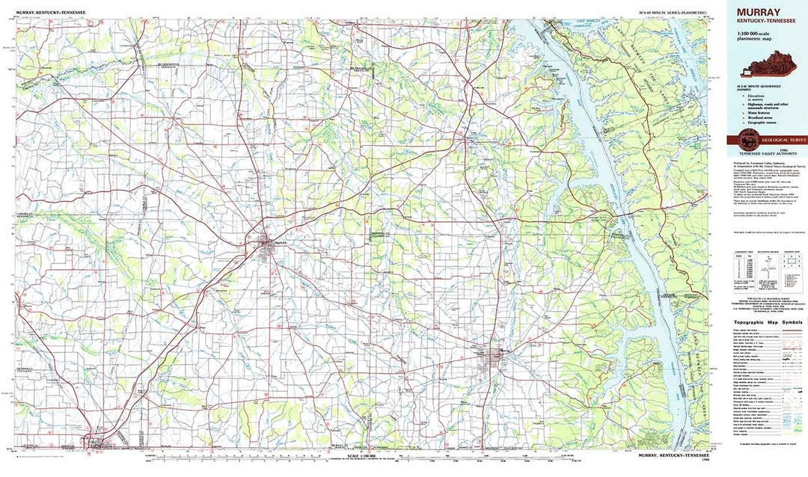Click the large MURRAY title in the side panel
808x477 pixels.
[759, 12]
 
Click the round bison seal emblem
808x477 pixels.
[747, 138]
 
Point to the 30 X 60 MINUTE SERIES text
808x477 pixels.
[672, 13]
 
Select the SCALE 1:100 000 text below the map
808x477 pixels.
[361, 455]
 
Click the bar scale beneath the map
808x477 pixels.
[361, 461]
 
